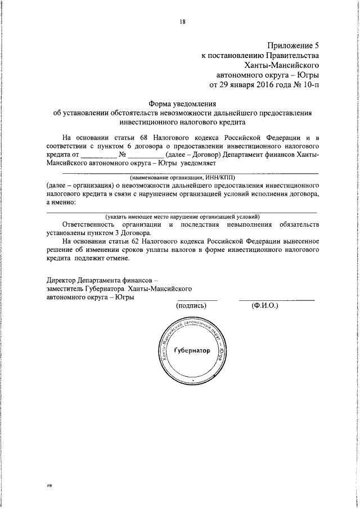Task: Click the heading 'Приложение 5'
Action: (293, 46)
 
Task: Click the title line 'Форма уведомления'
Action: (182, 103)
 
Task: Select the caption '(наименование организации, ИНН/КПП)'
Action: (182, 177)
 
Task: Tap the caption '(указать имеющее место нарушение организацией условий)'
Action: (181, 216)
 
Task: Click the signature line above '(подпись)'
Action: (197, 300)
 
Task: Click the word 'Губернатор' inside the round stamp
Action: (192, 350)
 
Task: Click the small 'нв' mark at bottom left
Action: (49, 484)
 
